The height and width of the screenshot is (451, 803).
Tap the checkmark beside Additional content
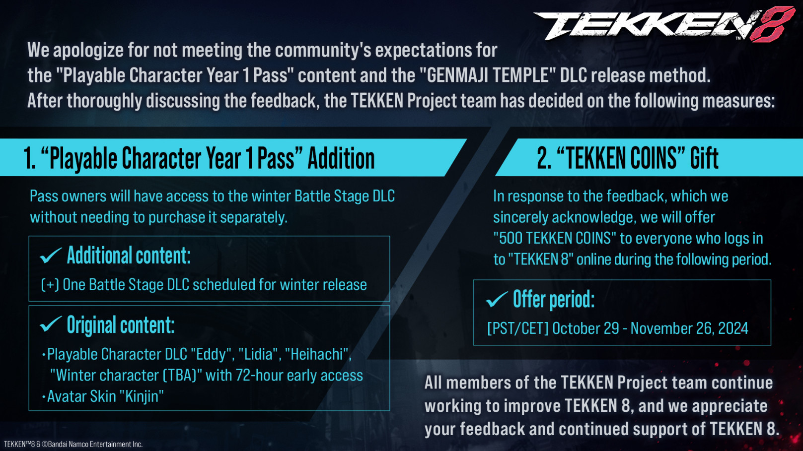(x=51, y=256)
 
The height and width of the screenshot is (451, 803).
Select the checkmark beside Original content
(x=51, y=324)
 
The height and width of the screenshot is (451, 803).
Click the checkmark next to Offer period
(x=497, y=299)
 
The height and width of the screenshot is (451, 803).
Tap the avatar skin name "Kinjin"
(x=141, y=396)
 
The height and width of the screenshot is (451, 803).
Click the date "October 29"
(x=585, y=328)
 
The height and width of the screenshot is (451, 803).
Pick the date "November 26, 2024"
(x=689, y=328)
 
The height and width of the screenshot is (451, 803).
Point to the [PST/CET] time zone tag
(x=518, y=328)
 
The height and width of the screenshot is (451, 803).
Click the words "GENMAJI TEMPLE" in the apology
(x=488, y=75)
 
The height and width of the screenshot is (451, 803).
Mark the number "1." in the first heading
(x=29, y=158)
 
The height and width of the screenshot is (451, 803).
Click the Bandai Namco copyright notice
(x=73, y=444)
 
